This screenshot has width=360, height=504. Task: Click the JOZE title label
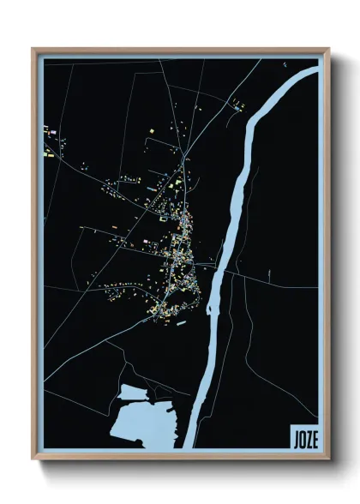coord(303,435)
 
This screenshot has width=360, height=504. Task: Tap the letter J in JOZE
coord(295,435)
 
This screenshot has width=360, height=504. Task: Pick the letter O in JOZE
coord(301,435)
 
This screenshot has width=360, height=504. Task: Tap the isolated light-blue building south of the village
coord(181,322)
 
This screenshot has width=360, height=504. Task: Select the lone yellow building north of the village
coord(151,129)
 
